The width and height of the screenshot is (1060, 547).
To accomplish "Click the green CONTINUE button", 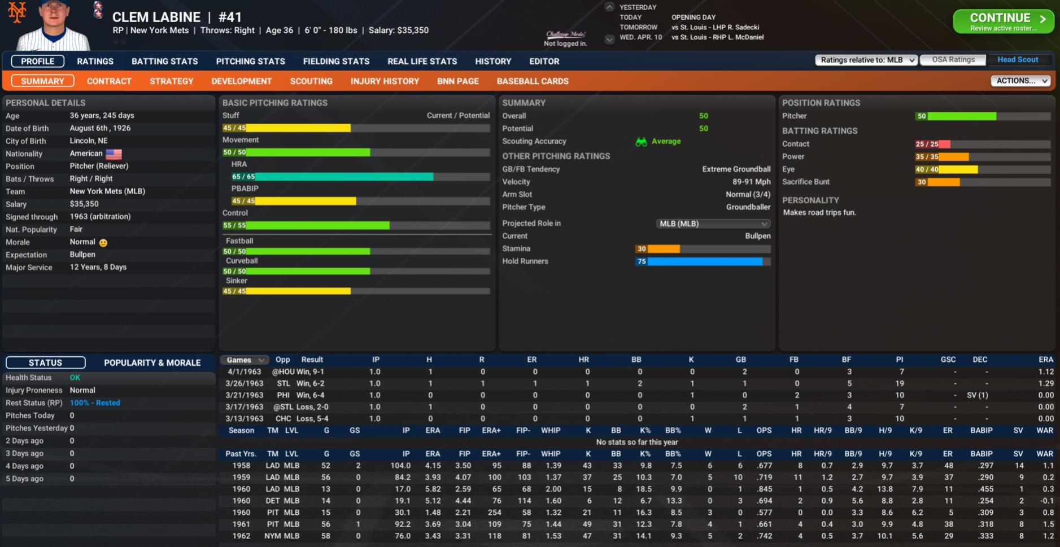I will (x=1003, y=21).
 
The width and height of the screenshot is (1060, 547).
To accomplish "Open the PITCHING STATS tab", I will (x=250, y=61).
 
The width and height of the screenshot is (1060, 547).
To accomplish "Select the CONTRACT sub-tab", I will (x=109, y=81).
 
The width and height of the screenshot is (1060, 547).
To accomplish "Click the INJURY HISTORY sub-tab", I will (x=385, y=81).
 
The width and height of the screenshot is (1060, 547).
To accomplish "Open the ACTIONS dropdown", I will (x=1020, y=81).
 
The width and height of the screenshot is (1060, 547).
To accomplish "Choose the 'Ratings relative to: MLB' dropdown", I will (x=866, y=60).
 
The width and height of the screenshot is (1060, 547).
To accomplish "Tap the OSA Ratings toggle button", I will (x=953, y=60).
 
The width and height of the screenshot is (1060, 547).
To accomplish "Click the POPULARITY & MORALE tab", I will (x=152, y=362).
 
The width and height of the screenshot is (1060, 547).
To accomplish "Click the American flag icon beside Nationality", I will (x=114, y=154).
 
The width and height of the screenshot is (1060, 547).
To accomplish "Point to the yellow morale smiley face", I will (x=103, y=243).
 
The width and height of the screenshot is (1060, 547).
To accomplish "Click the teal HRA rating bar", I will (x=339, y=177).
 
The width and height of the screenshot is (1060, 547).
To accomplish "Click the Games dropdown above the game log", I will (x=245, y=360).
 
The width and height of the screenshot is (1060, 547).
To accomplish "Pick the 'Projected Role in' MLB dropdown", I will (x=713, y=224).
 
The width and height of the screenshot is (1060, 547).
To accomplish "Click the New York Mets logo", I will (x=17, y=12).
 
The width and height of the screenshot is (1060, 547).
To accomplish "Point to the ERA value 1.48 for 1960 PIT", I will (x=433, y=513).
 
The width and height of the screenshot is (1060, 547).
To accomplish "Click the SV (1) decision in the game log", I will (x=977, y=395).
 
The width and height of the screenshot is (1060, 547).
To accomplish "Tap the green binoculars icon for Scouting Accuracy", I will (x=641, y=142).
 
